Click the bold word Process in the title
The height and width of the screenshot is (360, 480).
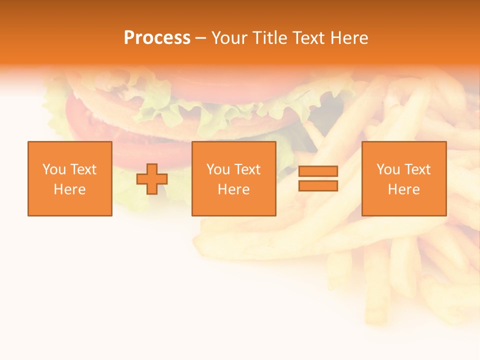pos(157,38)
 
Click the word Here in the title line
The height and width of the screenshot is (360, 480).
pos(350,38)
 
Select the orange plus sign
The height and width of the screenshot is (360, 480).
pos(152,179)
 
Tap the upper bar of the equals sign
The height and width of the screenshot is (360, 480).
pos(318,171)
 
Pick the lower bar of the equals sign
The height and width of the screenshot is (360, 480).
pos(318,186)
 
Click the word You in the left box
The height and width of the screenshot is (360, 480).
pos(54,169)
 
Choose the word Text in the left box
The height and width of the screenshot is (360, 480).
pos(83,169)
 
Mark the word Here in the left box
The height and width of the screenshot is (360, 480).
pos(69,189)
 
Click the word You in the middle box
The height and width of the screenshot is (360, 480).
pos(218,169)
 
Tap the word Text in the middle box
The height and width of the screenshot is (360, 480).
pos(247,169)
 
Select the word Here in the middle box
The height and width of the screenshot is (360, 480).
pos(233,189)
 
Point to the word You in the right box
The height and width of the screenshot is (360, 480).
pos(388,169)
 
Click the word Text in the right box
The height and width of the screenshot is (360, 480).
pos(417,169)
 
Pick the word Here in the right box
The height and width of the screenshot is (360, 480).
pos(403,189)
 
